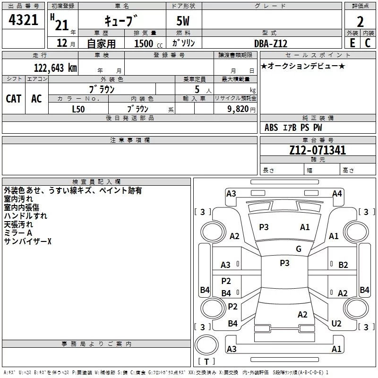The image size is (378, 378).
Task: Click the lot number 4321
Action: click(23, 20)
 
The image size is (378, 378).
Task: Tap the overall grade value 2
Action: click(360, 22)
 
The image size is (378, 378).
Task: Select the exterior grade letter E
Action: click(352, 43)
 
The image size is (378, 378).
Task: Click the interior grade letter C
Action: click(368, 43)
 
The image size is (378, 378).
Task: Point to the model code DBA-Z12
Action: click(271, 43)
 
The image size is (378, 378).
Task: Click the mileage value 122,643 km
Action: click(55, 68)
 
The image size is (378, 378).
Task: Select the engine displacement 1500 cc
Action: click(148, 43)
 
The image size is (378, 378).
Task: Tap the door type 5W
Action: click(183, 21)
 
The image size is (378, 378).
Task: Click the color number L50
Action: click(78, 109)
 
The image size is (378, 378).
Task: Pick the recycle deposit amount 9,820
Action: click(238, 109)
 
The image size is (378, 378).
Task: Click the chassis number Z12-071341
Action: click(318, 150)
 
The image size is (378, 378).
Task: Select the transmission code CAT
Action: click(14, 99)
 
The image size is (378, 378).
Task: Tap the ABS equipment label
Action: click(271, 127)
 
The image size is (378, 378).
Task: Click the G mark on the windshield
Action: click(299, 249)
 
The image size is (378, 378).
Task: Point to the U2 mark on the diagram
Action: click(336, 323)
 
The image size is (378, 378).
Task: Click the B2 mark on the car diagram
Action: click(343, 265)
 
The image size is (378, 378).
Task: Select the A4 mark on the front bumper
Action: click(337, 194)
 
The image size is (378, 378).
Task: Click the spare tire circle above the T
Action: click(206, 345)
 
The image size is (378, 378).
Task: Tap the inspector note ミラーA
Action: click(18, 233)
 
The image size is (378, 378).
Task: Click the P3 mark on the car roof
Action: click(284, 263)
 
